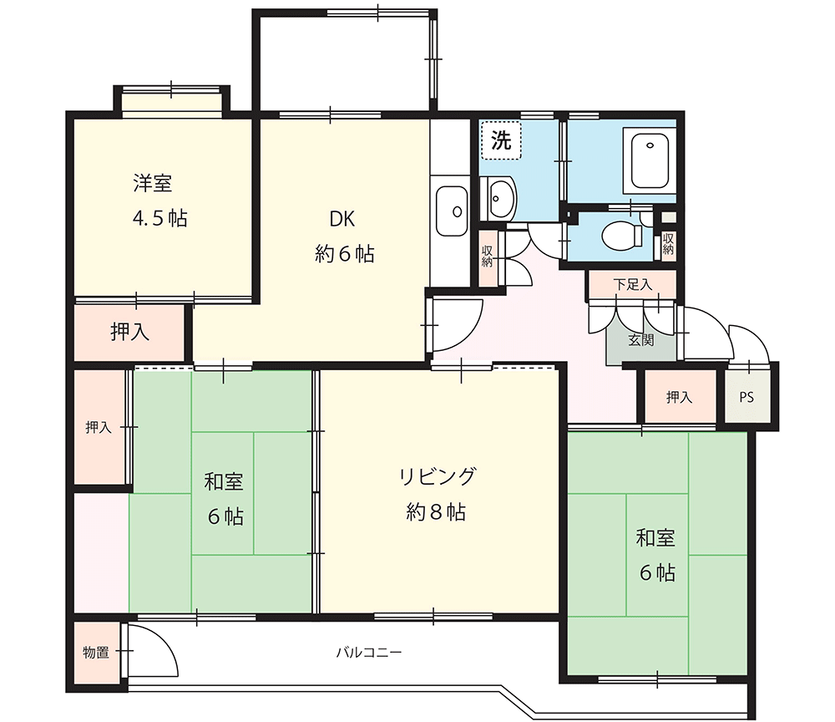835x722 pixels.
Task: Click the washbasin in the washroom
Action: (x=499, y=199)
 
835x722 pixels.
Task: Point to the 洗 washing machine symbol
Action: (x=501, y=141)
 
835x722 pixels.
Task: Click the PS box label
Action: (x=746, y=398)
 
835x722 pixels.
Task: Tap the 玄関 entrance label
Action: (x=640, y=340)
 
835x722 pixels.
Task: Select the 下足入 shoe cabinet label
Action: (x=632, y=284)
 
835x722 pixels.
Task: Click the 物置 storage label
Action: (x=96, y=653)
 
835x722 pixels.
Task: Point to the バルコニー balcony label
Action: (x=369, y=652)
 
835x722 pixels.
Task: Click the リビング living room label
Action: (x=437, y=476)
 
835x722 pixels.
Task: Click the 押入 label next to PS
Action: (x=680, y=398)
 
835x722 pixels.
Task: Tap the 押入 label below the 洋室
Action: (x=130, y=332)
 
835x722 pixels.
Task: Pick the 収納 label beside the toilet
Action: (x=668, y=243)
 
